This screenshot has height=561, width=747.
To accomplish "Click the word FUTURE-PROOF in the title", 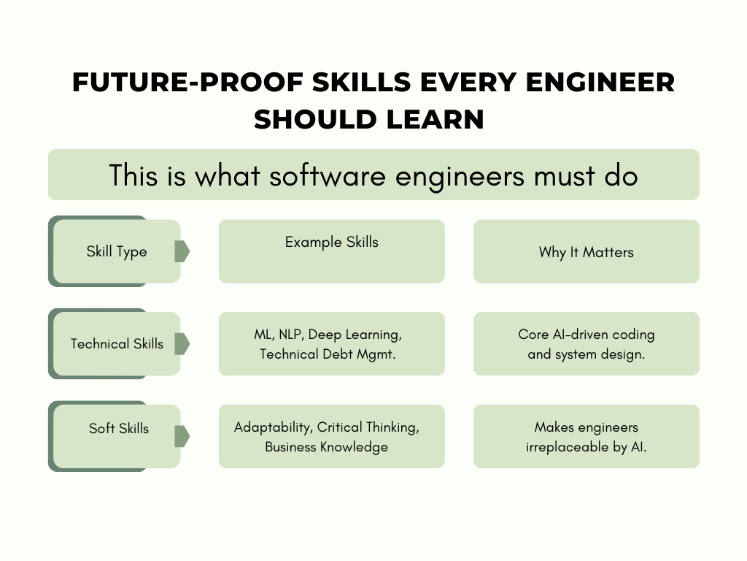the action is pyautogui.click(x=188, y=82).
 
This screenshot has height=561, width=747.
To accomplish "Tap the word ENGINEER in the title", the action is pyautogui.click(x=600, y=82).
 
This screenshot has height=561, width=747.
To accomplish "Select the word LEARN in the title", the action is pyautogui.click(x=436, y=119).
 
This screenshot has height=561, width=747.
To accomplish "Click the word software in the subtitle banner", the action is pyautogui.click(x=328, y=175).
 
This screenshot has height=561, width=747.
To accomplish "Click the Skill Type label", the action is pyautogui.click(x=117, y=251).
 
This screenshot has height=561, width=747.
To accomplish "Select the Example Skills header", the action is pyautogui.click(x=332, y=242).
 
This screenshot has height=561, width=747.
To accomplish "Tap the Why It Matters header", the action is pyautogui.click(x=587, y=252).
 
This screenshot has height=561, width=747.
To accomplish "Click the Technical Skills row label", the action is pyautogui.click(x=117, y=343).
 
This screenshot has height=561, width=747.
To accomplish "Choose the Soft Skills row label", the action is pyautogui.click(x=119, y=428).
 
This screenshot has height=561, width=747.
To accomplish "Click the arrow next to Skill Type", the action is pyautogui.click(x=182, y=251).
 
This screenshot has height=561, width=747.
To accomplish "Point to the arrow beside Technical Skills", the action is pyautogui.click(x=182, y=344).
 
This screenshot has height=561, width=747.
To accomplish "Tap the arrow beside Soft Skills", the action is pyautogui.click(x=182, y=436).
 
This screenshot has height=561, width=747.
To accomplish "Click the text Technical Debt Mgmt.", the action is pyautogui.click(x=328, y=354).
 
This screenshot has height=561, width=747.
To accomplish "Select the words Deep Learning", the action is pyautogui.click(x=355, y=335).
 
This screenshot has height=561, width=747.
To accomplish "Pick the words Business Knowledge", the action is pyautogui.click(x=326, y=447).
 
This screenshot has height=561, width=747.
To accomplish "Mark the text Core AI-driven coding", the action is pyautogui.click(x=587, y=335).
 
